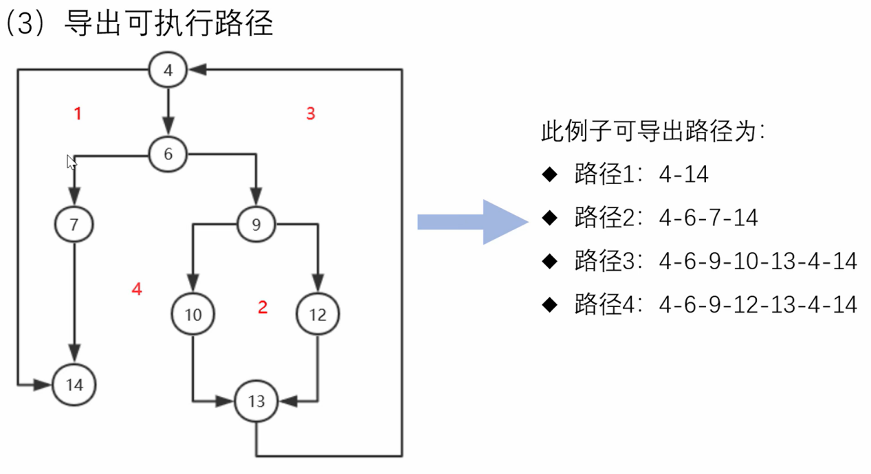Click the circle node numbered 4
pos(168,69)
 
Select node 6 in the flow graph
pos(168,154)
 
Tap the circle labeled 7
pos(74,225)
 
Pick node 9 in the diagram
pos(256,224)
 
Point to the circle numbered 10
pos(193,315)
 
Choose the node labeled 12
pos(318,315)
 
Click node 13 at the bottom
pos(256,402)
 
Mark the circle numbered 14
pos(74,385)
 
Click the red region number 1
pos(78,113)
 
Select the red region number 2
pos(262,308)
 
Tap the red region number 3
pos(311,113)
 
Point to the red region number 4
pos(137,289)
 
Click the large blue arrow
pos(472,222)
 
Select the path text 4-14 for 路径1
pos(683,174)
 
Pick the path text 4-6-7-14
pos(708,218)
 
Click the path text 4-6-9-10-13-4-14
pos(758,261)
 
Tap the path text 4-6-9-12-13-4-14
pos(758,304)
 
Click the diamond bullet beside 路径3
pos(549,262)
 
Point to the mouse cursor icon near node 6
pos(70,161)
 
